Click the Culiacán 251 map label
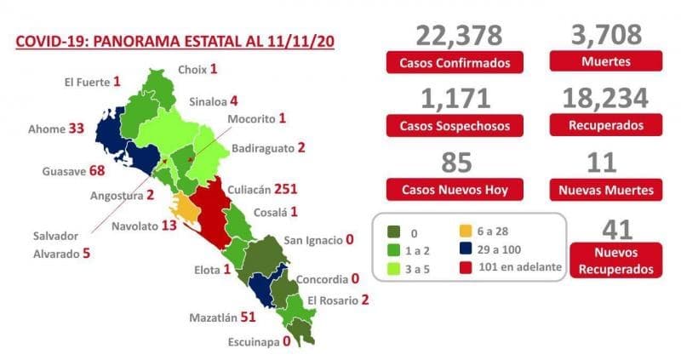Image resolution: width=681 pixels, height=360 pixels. (263, 189)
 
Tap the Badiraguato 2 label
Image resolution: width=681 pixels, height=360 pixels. (266, 147)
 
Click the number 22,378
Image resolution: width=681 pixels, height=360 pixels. (459, 35)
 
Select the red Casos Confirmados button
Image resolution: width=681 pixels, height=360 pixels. (459, 63)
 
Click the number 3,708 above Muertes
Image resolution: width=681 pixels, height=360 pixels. (605, 35)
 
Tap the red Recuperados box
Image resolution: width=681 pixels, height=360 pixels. (605, 125)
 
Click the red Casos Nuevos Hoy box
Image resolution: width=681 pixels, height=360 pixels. (459, 188)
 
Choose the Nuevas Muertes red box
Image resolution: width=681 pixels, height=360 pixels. (605, 188)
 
